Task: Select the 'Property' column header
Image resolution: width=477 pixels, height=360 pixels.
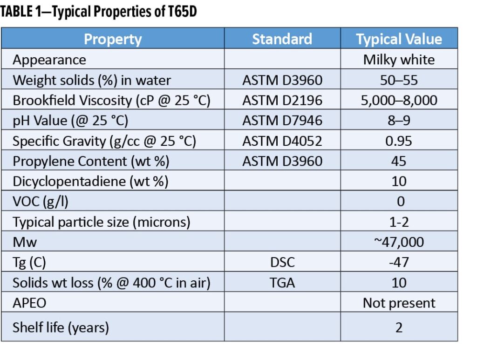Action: click(x=112, y=39)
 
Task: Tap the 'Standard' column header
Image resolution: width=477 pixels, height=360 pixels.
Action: click(x=282, y=39)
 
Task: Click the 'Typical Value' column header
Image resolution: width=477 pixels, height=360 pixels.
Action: click(x=399, y=39)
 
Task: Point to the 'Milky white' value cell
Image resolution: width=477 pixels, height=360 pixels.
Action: click(x=399, y=60)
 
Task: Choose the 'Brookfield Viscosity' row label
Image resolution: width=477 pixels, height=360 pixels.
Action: click(x=111, y=101)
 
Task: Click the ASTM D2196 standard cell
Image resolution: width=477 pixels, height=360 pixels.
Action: click(x=282, y=101)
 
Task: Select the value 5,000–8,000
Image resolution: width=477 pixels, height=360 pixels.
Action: click(x=399, y=101)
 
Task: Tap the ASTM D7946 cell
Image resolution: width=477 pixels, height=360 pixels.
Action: click(x=282, y=121)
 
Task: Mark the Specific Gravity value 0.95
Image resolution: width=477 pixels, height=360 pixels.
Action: click(x=399, y=141)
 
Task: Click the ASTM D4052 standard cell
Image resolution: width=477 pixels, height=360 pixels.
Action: click(x=282, y=141)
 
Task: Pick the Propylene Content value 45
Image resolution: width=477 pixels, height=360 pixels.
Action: click(x=399, y=161)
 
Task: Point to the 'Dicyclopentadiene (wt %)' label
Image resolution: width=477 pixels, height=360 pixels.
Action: click(x=90, y=181)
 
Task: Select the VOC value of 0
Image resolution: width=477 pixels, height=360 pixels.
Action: click(x=399, y=202)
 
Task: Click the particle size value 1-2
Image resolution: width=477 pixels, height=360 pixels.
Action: click(x=399, y=222)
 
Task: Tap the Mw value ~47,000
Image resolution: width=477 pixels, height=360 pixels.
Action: click(x=399, y=242)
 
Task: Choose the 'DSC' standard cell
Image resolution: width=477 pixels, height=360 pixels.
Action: click(x=282, y=262)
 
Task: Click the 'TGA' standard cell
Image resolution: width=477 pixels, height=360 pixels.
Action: click(x=282, y=283)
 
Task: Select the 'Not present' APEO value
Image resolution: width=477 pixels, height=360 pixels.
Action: click(x=399, y=303)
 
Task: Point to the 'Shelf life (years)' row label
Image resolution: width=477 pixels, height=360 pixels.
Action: click(x=61, y=327)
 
